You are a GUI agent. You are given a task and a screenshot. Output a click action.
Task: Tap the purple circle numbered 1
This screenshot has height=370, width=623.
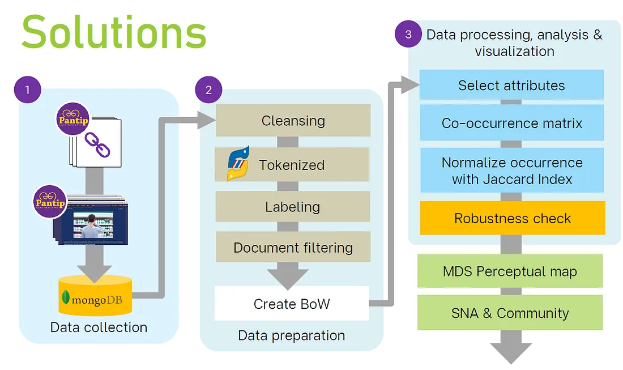[x=27, y=90]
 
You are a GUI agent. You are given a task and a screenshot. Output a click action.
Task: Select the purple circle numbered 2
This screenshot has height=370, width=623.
[x=208, y=90]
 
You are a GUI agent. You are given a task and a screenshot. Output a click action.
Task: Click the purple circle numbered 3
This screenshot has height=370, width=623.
[x=408, y=35]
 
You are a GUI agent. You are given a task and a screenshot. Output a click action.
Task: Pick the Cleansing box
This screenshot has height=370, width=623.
[x=293, y=120]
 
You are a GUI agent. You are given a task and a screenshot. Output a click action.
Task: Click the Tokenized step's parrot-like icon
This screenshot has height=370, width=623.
[x=238, y=164]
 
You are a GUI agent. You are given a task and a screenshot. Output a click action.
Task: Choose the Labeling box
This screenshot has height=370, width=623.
[x=293, y=207]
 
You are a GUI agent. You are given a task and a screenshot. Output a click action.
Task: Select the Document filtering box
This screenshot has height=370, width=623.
[x=293, y=248]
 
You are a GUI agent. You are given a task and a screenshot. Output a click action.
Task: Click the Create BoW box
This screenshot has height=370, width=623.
[x=292, y=304]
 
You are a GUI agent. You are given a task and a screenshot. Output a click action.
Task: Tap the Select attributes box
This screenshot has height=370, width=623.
[x=511, y=85]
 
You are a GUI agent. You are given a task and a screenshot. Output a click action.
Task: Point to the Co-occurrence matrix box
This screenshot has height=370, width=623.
[x=511, y=123]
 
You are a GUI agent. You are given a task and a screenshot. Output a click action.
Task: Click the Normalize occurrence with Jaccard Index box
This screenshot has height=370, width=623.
[x=511, y=171]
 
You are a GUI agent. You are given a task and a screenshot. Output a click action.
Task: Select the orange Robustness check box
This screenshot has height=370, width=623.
[x=512, y=218]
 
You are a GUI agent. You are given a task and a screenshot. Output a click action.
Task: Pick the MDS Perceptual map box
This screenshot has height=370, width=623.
[x=510, y=271]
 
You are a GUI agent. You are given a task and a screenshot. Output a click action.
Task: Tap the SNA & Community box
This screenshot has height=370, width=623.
[x=510, y=313]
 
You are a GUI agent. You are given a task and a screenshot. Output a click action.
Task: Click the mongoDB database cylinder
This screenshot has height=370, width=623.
[x=95, y=296]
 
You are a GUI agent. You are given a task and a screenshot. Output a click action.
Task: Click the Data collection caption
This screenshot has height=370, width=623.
[x=99, y=328]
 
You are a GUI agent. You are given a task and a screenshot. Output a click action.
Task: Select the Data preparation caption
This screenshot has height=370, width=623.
[x=291, y=335]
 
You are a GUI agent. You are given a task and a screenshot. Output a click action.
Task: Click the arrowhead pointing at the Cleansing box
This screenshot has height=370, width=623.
[x=207, y=119]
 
